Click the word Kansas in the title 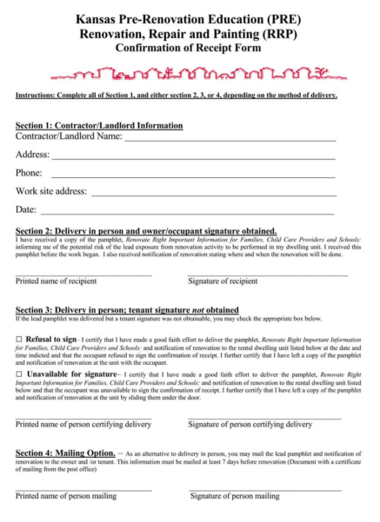[99, 17]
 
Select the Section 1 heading [99, 125]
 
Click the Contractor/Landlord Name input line [230, 140]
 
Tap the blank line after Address [192, 159]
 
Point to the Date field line [187, 214]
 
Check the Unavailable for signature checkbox [19, 373]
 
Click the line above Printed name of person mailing [83, 491]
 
